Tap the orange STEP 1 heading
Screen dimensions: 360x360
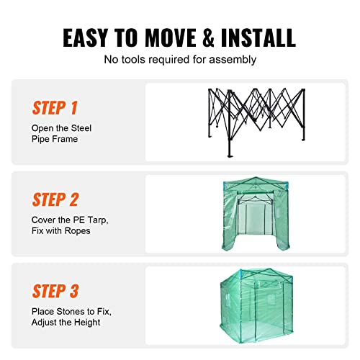tap(55, 108)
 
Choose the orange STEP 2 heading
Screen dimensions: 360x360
tap(55, 199)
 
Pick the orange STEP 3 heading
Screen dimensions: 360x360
tap(55, 291)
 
